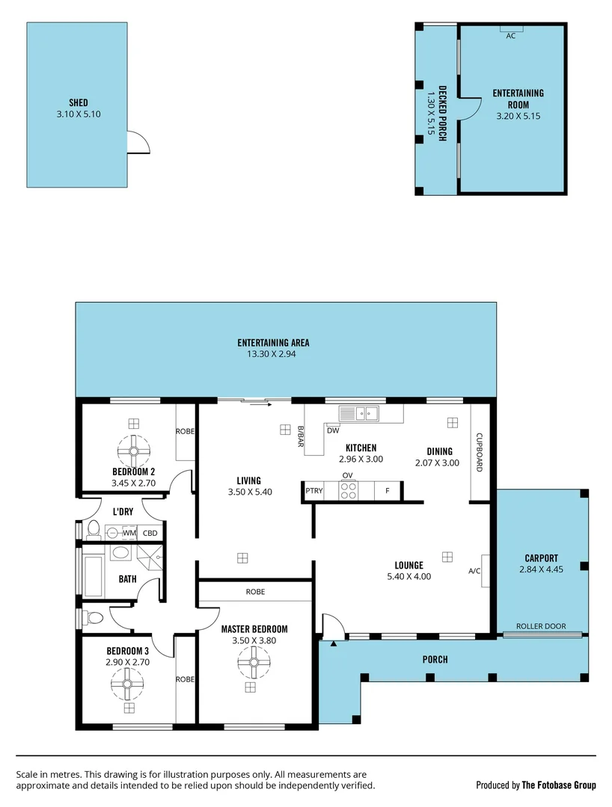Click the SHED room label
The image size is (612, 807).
click(x=79, y=102)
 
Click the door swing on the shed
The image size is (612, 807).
click(x=138, y=142)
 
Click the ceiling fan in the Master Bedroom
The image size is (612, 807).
click(x=254, y=662)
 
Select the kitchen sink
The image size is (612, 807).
click(x=359, y=412)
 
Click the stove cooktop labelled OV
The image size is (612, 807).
click(x=348, y=490)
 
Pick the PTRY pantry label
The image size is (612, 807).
click(x=313, y=491)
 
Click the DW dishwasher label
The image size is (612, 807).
click(x=333, y=430)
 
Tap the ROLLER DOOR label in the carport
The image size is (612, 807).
click(x=540, y=626)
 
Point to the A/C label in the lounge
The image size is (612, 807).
click(x=474, y=572)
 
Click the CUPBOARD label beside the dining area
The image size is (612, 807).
click(x=480, y=452)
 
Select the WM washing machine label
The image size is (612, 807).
click(x=129, y=533)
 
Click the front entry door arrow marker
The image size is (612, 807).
click(x=333, y=643)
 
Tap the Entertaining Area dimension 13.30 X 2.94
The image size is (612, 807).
click(x=273, y=354)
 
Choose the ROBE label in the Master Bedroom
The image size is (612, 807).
click(x=254, y=592)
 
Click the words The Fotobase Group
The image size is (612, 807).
click(x=558, y=785)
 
